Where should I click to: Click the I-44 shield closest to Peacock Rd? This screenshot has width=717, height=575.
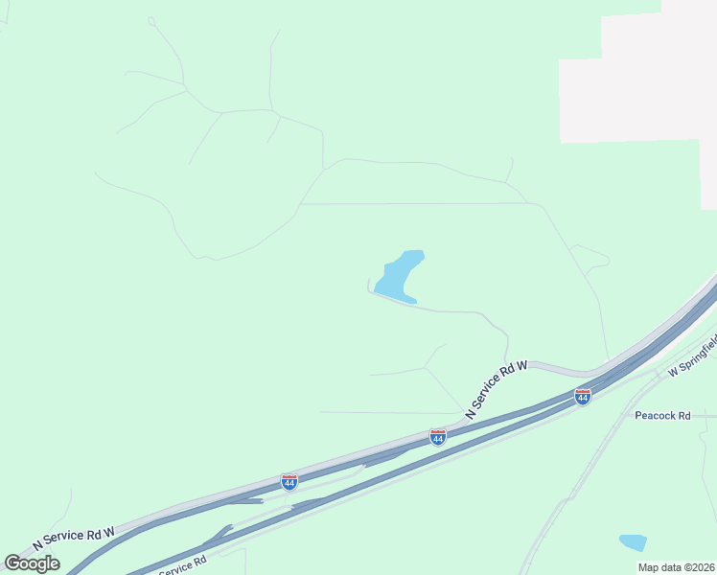point(582,396)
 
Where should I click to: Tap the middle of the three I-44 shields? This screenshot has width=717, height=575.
point(437,437)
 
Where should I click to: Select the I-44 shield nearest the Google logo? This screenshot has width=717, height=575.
point(289,481)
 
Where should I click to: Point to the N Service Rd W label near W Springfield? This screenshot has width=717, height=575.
point(497,388)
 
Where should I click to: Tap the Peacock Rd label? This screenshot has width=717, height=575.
point(662,415)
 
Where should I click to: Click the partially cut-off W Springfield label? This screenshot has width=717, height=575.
point(692,356)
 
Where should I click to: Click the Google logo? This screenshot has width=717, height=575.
point(33,563)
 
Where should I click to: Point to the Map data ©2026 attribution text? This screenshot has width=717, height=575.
point(676,567)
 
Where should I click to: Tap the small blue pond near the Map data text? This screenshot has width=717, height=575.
point(633,542)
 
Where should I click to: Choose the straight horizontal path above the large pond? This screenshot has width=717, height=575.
point(412,203)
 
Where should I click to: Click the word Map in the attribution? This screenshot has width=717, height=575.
point(649,567)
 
